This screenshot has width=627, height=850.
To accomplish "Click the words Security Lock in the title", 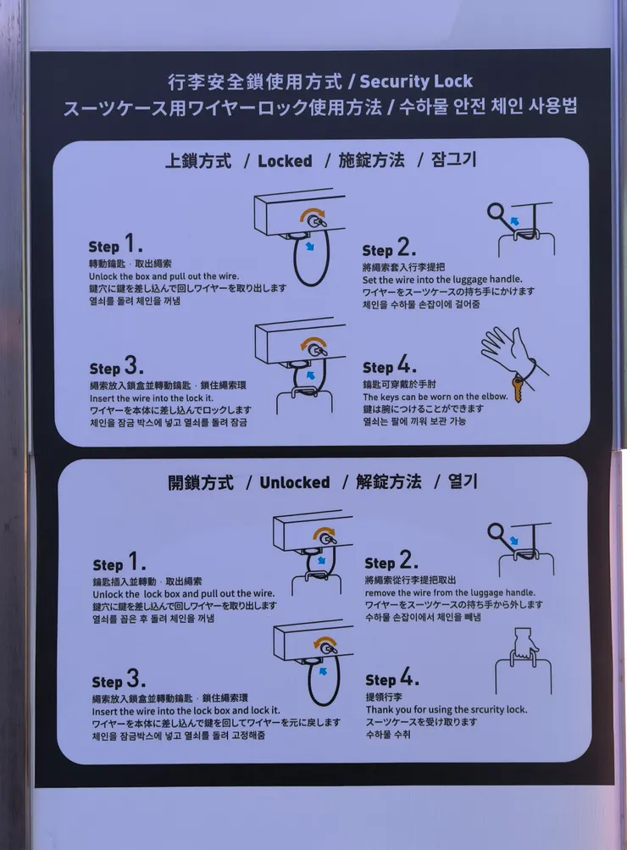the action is (x=416, y=81).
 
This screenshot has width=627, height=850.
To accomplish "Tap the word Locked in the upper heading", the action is (x=285, y=161).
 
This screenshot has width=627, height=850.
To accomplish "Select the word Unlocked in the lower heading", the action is (x=294, y=482).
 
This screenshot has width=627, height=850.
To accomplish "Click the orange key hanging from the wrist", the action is (x=518, y=389).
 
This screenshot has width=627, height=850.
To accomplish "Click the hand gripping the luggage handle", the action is (x=524, y=645).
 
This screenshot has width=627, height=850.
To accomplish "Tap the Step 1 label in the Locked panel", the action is (x=115, y=243).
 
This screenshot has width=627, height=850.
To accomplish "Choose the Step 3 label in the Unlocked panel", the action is (x=119, y=679).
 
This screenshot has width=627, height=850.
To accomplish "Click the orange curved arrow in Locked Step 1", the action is (x=313, y=212).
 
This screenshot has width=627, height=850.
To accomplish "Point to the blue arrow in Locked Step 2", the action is (x=514, y=220).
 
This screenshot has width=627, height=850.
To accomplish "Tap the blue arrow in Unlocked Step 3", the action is (x=323, y=671).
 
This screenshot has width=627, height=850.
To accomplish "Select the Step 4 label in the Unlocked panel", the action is (x=391, y=678).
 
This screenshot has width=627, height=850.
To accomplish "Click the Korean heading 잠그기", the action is (x=453, y=159).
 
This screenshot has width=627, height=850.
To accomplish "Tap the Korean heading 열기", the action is (x=463, y=481).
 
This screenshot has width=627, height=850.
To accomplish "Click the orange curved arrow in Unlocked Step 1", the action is (x=325, y=532).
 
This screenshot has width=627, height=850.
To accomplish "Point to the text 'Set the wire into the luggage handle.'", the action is (x=442, y=279).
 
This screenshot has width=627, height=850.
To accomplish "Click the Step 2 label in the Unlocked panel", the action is (x=391, y=560).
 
